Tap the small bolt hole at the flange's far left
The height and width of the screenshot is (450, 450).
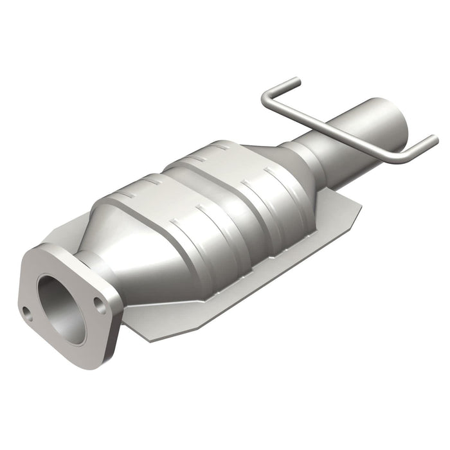click(x=26, y=313)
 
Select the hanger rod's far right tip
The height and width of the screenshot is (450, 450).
click(x=435, y=139)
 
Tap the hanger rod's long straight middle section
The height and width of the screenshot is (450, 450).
click(x=334, y=128)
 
